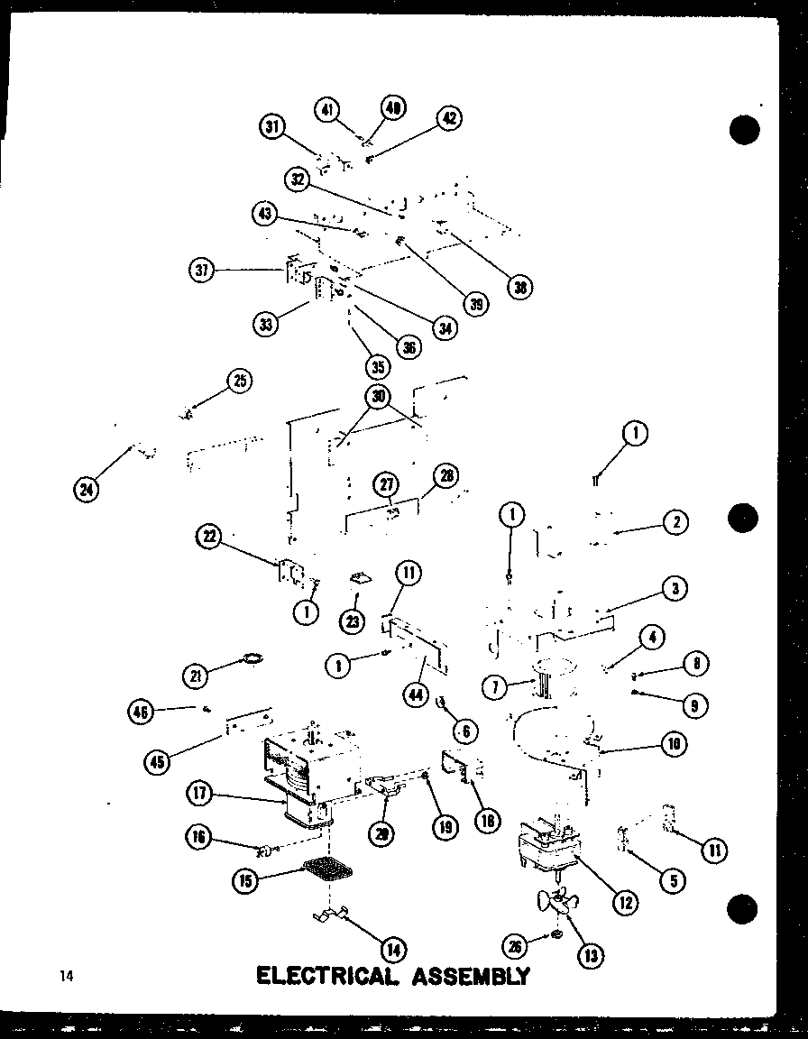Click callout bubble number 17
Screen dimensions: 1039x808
(x=200, y=795)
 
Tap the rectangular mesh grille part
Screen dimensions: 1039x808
(x=329, y=870)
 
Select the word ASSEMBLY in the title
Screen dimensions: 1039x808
(x=469, y=976)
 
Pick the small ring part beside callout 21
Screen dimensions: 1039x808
(x=253, y=660)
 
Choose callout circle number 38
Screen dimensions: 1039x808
(x=519, y=288)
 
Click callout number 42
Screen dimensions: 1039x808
(x=448, y=119)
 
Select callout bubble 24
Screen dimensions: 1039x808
(x=87, y=490)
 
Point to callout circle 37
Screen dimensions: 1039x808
(x=203, y=269)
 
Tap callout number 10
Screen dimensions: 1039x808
(x=673, y=744)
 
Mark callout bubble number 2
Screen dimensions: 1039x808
(x=675, y=521)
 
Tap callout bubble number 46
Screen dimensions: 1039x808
(x=142, y=713)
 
